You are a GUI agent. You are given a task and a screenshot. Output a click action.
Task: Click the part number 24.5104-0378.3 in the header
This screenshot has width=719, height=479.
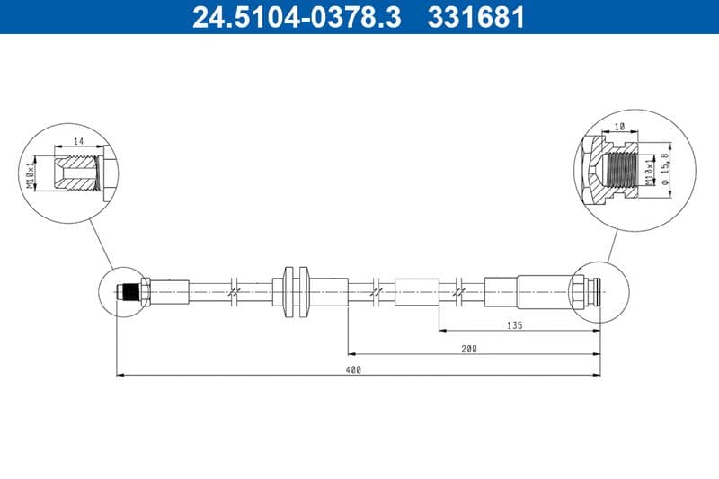[x=297, y=17]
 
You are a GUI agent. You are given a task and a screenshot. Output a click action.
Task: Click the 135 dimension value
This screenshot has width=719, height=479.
[x=515, y=325]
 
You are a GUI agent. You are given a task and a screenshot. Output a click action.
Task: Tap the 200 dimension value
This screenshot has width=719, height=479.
[x=469, y=348]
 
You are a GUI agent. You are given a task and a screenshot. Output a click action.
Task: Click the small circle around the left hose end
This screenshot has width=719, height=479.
[x=122, y=291]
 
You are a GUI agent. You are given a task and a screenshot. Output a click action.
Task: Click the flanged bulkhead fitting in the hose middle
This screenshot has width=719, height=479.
[x=295, y=291]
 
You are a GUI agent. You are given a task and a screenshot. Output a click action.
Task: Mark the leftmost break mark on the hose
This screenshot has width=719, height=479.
[x=233, y=291]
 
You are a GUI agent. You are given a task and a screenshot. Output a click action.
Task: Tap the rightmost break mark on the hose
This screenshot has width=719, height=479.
[x=459, y=291]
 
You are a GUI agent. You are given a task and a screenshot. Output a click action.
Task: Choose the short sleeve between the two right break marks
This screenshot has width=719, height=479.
[x=416, y=291]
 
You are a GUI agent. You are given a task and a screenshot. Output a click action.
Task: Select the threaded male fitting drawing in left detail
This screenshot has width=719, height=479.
[x=76, y=171]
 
